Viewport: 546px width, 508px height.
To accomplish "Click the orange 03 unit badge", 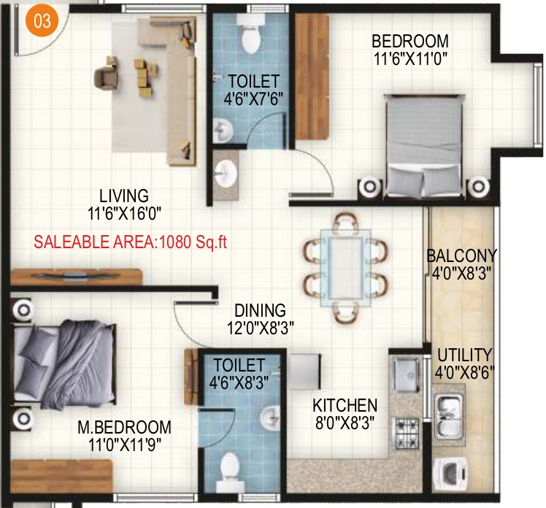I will point(42,20).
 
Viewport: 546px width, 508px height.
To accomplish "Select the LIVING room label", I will point(124,196).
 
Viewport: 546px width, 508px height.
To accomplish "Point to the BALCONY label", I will point(461,256).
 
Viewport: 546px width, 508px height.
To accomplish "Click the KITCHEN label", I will point(345,405).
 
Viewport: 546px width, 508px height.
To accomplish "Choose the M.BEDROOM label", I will point(125,427).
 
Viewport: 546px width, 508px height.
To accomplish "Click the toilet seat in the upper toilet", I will point(251,36).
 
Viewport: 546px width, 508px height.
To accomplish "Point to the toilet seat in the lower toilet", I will point(231,467).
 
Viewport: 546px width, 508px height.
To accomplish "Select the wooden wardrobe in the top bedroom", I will point(312,77).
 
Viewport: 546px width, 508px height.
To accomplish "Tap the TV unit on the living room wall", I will point(76,276).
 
